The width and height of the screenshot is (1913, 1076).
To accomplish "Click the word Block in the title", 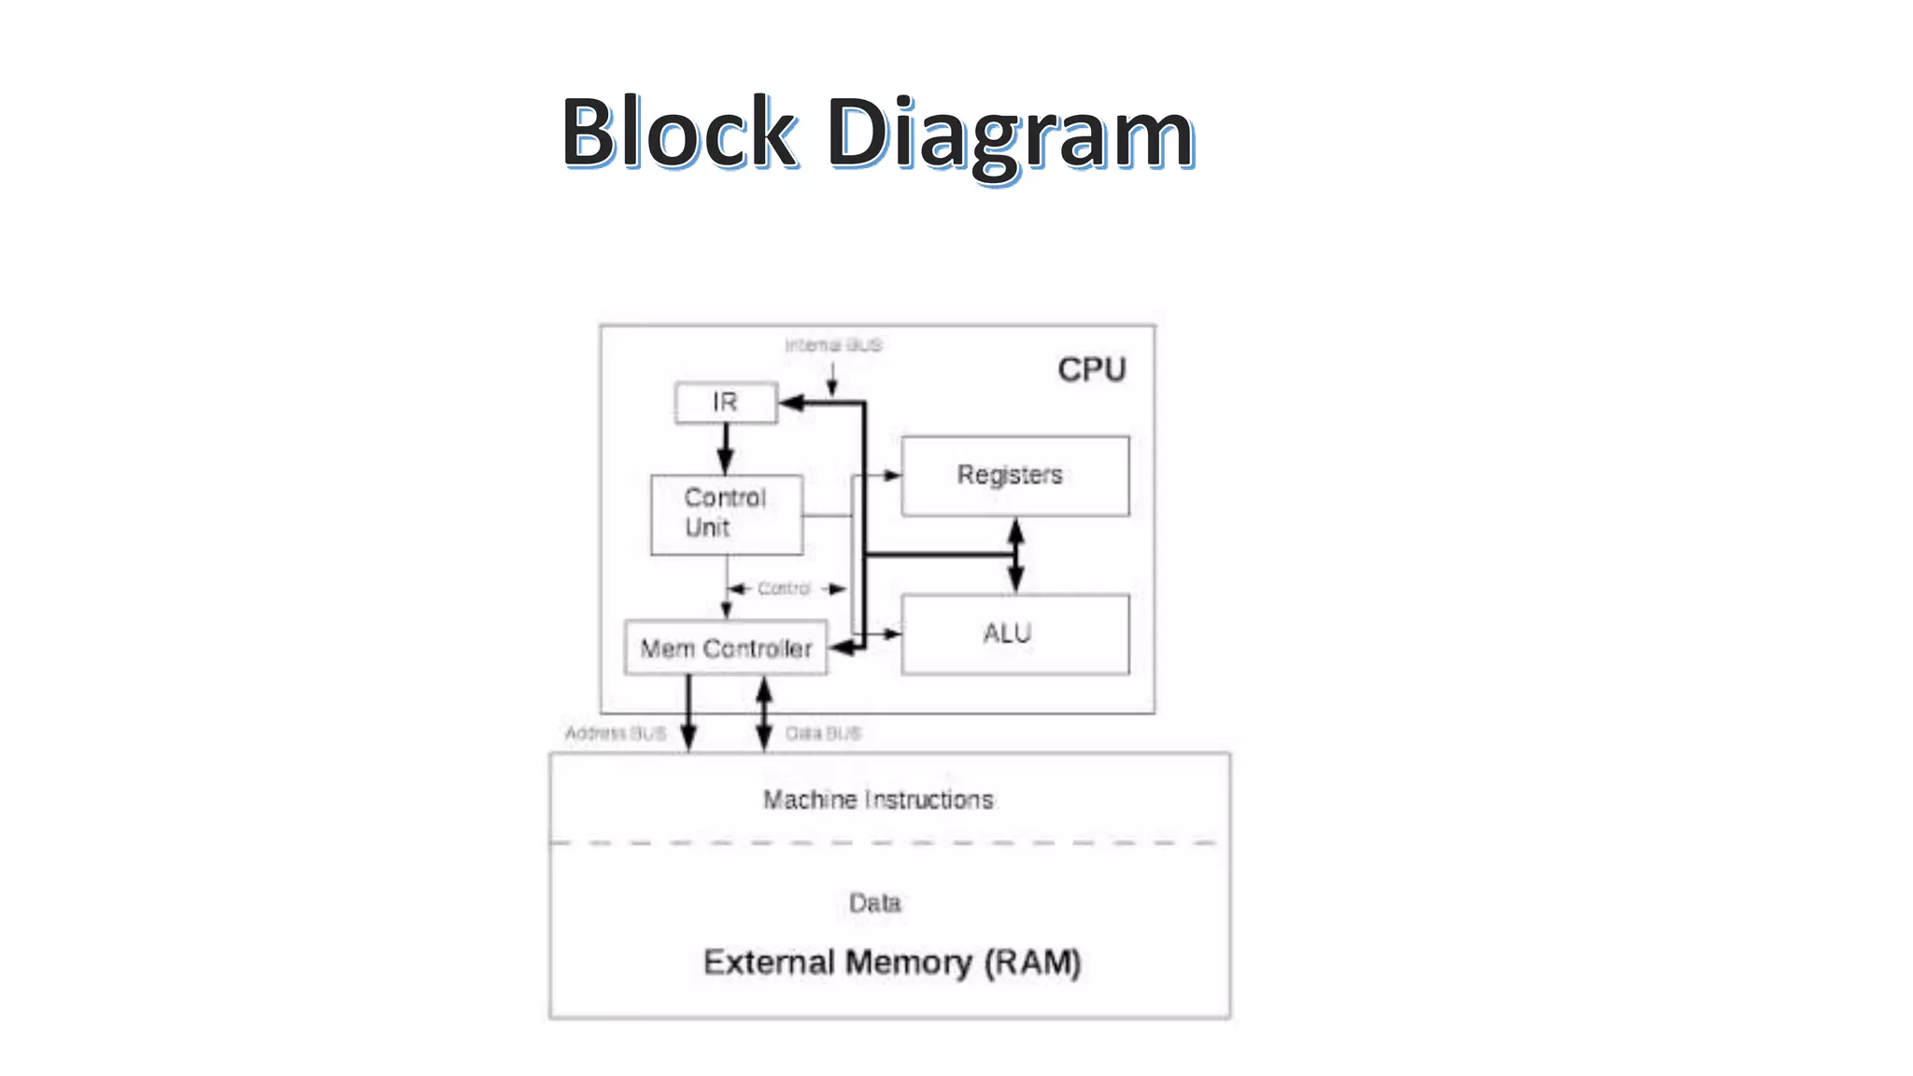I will point(679,133).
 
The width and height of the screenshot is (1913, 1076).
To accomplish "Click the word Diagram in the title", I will point(1010,134).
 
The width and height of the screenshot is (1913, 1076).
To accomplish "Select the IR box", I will point(726,403).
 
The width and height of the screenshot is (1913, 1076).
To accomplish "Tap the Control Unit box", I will point(726,514).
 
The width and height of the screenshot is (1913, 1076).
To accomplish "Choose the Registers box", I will point(1014,475).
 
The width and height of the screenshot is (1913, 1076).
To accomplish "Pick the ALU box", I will point(1014,634).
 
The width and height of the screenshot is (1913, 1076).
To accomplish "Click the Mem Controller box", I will point(726,648).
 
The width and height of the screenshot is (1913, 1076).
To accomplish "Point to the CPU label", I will point(1091,370).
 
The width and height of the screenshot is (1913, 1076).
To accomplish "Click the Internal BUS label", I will point(832,346).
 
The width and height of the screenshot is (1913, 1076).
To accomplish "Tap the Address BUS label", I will point(616,733).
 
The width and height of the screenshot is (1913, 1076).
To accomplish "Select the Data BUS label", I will point(823,733).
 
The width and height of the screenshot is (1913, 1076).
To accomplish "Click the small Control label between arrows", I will point(784,588).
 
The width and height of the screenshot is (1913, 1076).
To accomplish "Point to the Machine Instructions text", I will point(878,800).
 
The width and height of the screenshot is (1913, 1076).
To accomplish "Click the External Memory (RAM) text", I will point(891,962).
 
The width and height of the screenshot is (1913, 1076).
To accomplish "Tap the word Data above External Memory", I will point(874,903).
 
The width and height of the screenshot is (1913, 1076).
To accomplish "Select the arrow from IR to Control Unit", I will point(726,448).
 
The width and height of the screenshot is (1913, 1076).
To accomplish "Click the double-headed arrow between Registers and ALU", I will point(1015,555).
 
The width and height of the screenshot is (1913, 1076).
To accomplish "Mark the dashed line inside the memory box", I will point(887,842).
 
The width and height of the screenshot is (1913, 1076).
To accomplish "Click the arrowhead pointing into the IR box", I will point(791,403).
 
